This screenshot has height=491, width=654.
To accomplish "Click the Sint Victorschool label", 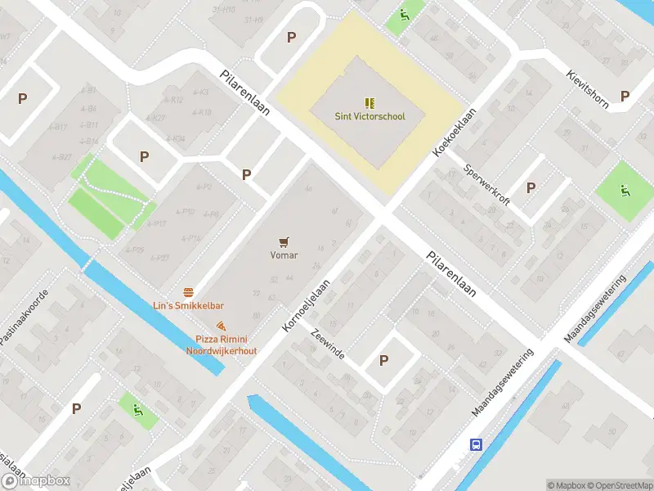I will [x=370, y=116].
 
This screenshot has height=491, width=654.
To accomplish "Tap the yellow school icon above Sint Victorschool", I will [x=370, y=102].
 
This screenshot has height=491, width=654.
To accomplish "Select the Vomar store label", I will [x=284, y=255].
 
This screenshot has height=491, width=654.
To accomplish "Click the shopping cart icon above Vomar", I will [x=284, y=241].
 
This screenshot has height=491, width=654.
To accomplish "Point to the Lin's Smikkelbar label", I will [x=188, y=305].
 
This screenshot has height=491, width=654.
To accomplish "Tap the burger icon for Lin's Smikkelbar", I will [x=189, y=292].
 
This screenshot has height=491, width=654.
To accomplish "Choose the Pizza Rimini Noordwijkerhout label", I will [x=222, y=345].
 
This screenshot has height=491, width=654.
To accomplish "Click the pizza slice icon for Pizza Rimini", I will [x=222, y=326].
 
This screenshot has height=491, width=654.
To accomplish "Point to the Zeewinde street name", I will [x=327, y=345].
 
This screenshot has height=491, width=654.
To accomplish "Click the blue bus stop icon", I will [x=475, y=444].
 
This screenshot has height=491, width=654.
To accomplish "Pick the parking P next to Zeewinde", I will [x=383, y=360].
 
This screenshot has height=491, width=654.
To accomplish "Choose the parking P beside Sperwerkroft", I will [x=531, y=187].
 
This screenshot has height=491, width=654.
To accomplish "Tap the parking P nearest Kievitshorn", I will [x=625, y=96].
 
